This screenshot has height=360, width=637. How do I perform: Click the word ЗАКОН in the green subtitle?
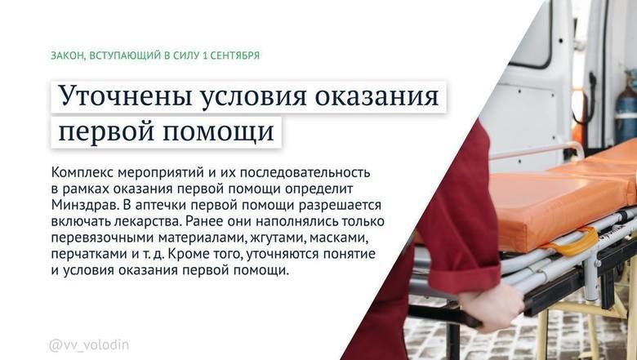(x=67, y=56)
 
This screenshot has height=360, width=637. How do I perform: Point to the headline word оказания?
(x=377, y=97)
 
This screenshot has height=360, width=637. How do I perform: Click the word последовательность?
(x=305, y=173)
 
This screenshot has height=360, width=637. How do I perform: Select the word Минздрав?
(x=84, y=206)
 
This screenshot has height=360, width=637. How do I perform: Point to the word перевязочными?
(x=102, y=238)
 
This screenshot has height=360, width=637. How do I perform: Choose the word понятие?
(x=349, y=254)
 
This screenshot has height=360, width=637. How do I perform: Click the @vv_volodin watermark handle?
(x=89, y=345)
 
